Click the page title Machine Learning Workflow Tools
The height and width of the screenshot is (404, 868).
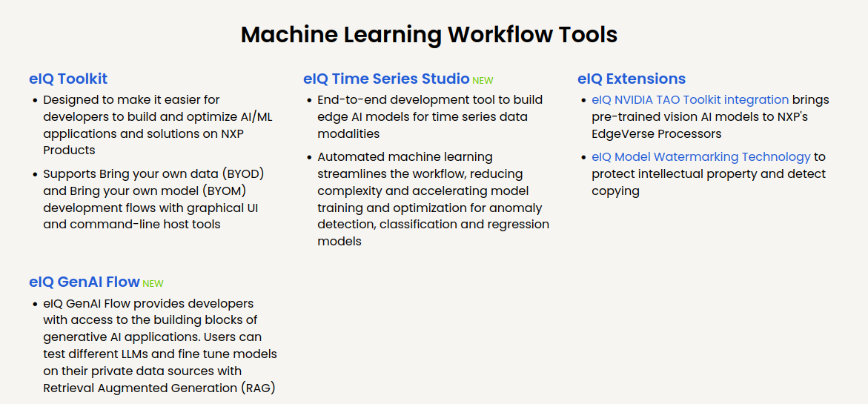[429, 35]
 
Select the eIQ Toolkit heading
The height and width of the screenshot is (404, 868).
[68, 79]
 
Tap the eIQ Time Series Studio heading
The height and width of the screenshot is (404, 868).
[386, 79]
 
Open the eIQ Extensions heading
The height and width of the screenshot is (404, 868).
[632, 79]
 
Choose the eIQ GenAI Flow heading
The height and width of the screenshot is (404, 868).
[85, 282]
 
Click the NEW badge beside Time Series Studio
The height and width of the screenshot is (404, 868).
[483, 81]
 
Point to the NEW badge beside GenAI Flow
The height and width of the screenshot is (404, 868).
[153, 284]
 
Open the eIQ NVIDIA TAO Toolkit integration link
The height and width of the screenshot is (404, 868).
[690, 100]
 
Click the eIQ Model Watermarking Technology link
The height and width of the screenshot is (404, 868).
[700, 157]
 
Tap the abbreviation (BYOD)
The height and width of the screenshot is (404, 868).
[243, 174]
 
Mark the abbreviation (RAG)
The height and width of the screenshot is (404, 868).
[258, 388]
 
